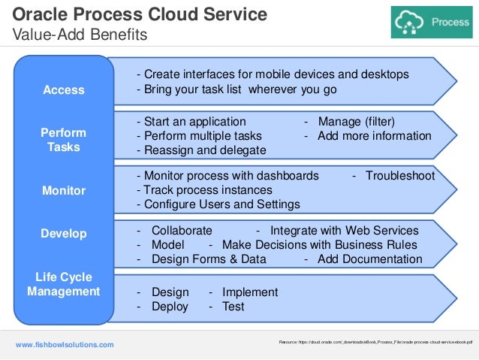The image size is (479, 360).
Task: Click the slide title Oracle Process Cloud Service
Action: tap(140, 14)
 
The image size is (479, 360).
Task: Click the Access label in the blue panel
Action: tap(64, 90)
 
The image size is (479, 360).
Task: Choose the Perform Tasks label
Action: tap(64, 140)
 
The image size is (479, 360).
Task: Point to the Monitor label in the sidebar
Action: tap(64, 191)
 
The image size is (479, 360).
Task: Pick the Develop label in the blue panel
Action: tap(64, 234)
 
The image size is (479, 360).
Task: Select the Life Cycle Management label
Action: tap(64, 284)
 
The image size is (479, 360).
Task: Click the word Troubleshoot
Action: tap(400, 175)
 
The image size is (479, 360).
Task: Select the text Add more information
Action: tap(374, 136)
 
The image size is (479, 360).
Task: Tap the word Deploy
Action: tap(170, 307)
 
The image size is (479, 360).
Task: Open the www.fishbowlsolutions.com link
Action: tap(65, 344)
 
